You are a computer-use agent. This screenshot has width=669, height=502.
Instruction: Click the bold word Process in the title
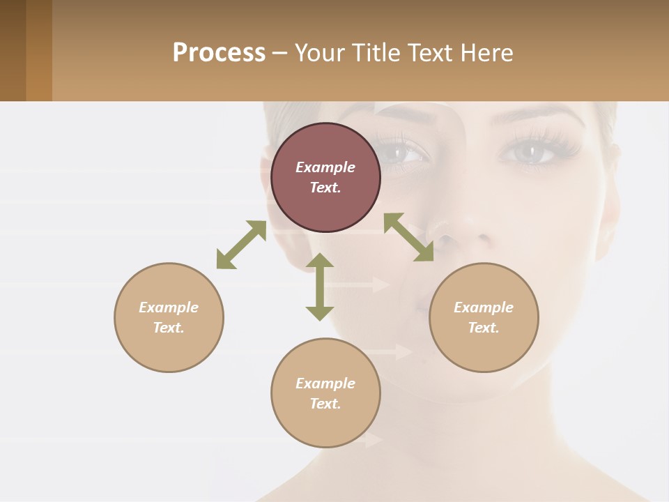click(x=219, y=53)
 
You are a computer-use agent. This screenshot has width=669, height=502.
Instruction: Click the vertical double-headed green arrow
click(x=320, y=287)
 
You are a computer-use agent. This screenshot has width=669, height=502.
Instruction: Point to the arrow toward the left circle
click(x=241, y=245)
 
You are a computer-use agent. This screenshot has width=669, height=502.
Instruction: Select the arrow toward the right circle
click(x=408, y=237)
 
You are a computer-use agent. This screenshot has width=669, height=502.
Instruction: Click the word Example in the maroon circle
click(x=325, y=167)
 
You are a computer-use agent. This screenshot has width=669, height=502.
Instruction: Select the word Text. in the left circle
click(x=169, y=328)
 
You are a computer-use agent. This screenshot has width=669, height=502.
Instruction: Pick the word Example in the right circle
click(x=484, y=307)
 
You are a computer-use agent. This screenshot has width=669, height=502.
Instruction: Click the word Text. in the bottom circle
click(x=325, y=404)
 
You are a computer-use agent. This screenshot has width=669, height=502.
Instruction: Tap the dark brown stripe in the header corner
click(x=13, y=50)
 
